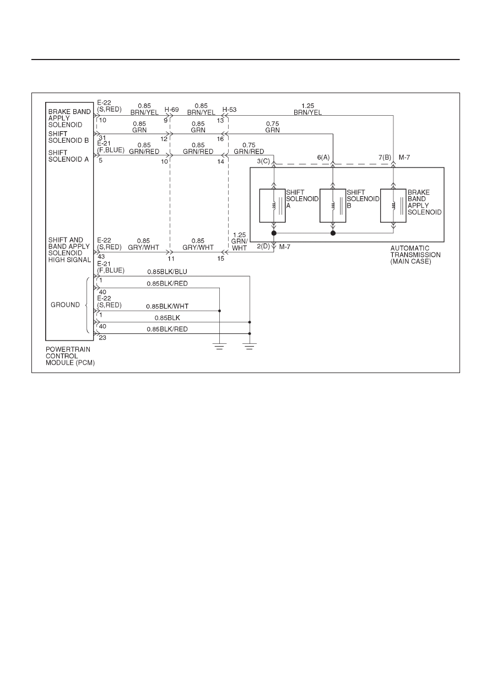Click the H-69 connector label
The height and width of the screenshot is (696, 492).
171,109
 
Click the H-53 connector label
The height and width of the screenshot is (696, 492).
229,109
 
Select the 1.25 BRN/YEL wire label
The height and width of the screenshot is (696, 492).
307,109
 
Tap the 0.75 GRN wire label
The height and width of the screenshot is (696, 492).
272,127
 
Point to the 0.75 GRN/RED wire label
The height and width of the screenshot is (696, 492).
249,148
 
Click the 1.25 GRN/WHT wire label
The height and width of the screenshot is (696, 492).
239,241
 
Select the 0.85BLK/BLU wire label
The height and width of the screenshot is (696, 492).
167,272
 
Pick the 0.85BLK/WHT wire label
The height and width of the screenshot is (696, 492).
167,306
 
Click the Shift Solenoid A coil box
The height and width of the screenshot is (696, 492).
272,206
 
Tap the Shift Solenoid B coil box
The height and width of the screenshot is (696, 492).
333,206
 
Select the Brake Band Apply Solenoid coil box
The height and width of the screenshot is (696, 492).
393,206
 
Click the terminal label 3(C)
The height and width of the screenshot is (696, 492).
263,161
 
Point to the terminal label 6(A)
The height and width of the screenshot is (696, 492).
323,158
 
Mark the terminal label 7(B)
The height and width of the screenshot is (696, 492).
385,158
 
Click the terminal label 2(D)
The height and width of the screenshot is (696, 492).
263,246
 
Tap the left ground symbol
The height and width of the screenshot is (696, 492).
219,346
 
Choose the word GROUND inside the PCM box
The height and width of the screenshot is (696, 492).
65,305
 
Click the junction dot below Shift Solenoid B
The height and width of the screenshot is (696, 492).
333,233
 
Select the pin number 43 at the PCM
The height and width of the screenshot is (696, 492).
101,257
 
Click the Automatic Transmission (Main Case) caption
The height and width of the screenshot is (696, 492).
415,255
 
